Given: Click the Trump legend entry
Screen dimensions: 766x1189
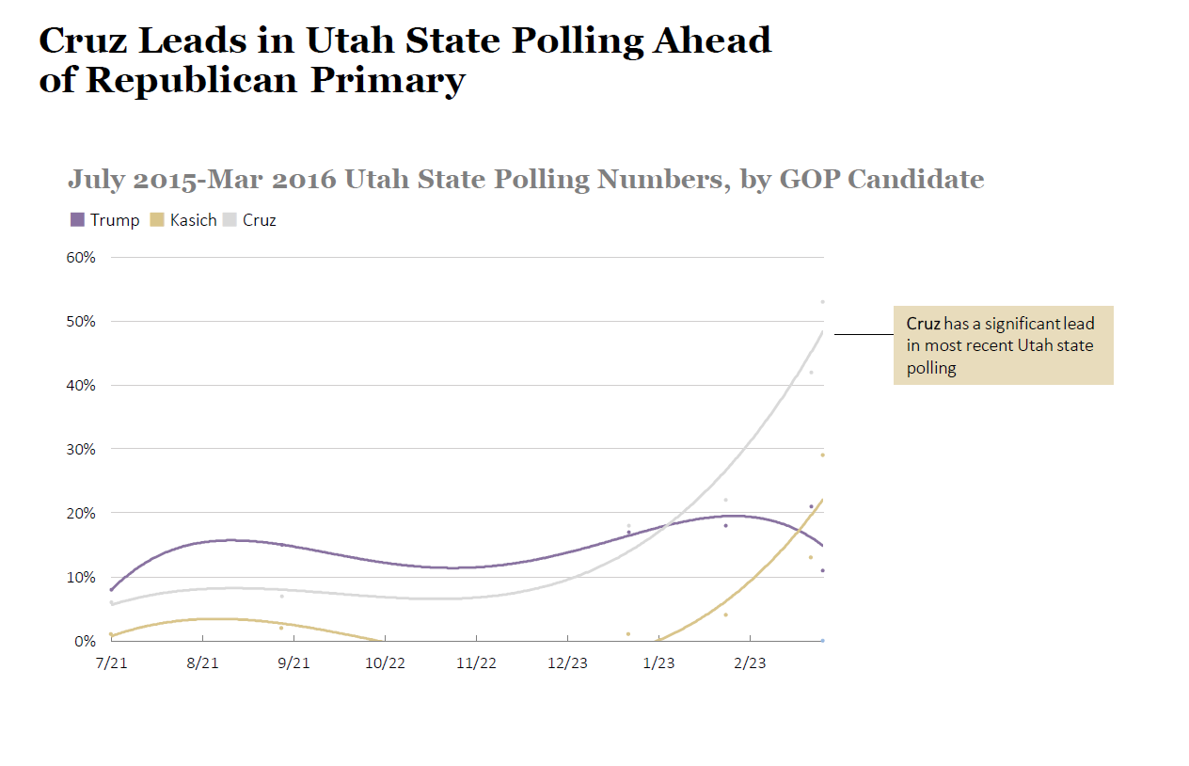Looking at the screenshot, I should point(105,220).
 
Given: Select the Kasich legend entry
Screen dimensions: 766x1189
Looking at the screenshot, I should point(184,220).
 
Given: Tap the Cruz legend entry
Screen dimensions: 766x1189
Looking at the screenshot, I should point(251,220).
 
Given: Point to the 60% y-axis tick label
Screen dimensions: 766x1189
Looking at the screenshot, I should point(80,257).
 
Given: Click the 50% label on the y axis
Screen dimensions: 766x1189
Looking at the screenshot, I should point(80,321).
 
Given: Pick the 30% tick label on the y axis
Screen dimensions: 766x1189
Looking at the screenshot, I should point(80,449).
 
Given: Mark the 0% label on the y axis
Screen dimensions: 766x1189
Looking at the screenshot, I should point(84,641).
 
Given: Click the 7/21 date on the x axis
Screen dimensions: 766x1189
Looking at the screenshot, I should point(111,663).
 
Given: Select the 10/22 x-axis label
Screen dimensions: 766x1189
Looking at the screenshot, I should point(385,663).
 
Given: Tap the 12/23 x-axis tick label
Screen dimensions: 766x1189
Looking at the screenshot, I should point(567,663).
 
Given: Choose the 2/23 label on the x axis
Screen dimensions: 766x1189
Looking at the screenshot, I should point(750,663).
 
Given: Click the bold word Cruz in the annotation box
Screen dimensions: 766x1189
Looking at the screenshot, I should point(923,324).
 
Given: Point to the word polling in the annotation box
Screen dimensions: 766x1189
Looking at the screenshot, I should point(931,368).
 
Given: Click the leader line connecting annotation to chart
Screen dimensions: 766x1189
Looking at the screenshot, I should point(863,334).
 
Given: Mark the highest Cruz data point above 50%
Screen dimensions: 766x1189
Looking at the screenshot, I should point(822,302).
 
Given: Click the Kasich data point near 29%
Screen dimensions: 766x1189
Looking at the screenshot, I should point(822,455).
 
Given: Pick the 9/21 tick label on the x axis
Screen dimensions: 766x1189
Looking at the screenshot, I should point(293,663).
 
